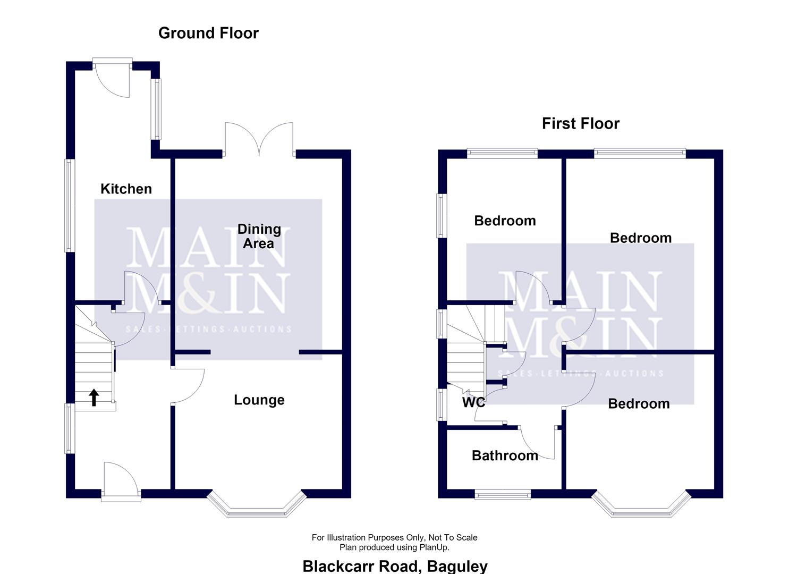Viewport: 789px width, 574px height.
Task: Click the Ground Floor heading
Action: coord(208,33)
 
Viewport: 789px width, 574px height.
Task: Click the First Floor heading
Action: coord(581,124)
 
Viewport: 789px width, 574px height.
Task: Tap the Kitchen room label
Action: coord(126,189)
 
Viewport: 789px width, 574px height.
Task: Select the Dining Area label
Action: coord(259,236)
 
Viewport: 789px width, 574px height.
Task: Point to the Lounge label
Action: coord(259,400)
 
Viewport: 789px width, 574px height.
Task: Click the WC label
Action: coord(473,402)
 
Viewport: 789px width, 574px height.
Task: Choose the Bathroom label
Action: coord(505,455)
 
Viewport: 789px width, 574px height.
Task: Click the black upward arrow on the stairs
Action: coord(94,398)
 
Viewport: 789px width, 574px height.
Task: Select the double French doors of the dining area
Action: coord(259,139)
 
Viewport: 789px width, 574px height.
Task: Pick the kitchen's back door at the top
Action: coord(112,78)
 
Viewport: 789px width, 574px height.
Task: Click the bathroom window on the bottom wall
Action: coord(503,494)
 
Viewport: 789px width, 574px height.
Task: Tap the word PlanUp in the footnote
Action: coord(434,547)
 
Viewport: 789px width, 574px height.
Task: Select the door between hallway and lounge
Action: coord(188,385)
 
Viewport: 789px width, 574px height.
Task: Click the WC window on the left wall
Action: coord(442,405)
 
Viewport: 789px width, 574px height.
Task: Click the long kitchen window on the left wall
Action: coord(70,206)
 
